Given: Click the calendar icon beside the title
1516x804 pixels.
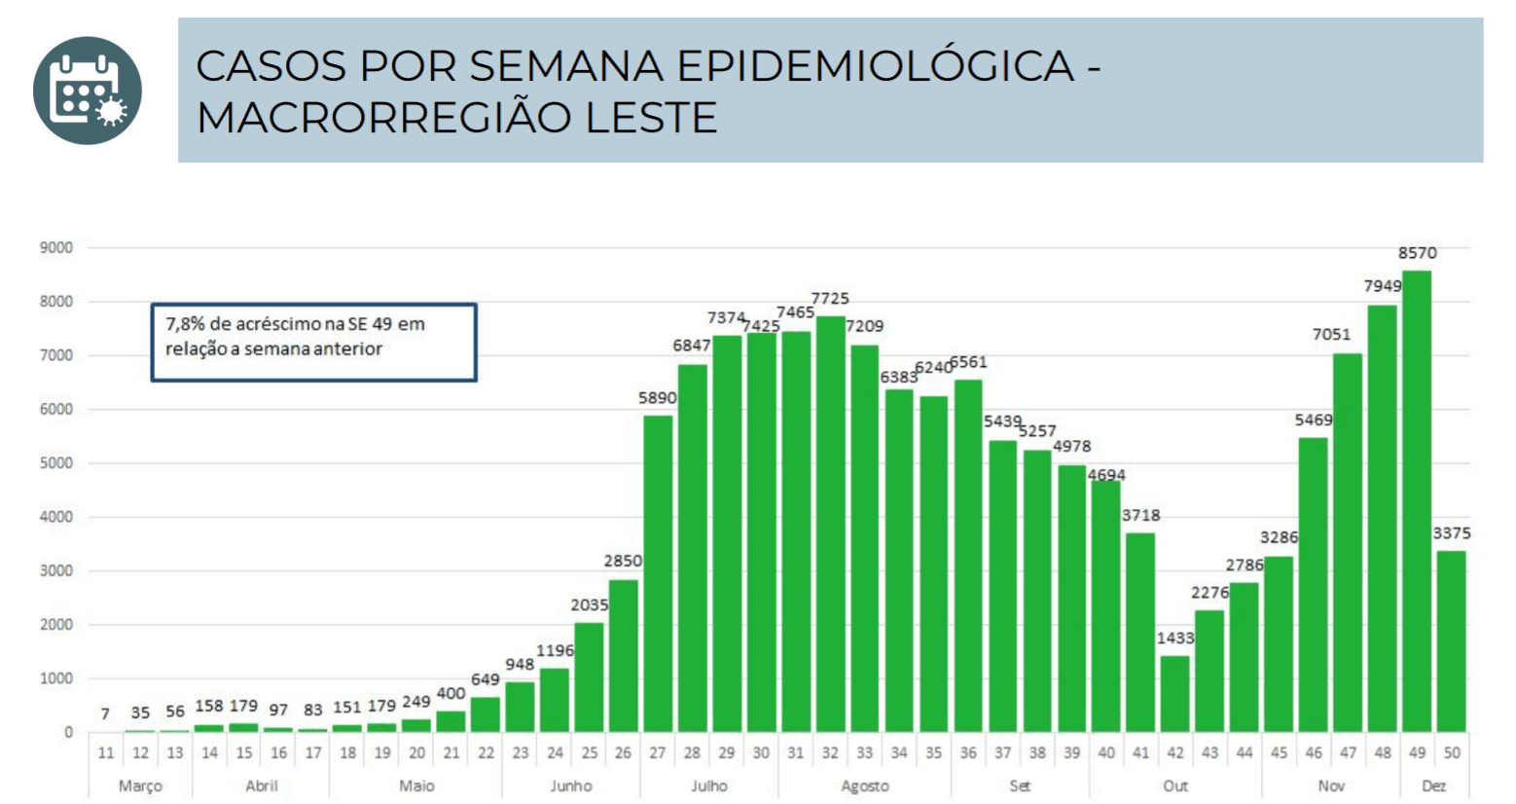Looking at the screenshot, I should (88, 91).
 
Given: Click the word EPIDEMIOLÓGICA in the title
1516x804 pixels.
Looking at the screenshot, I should (874, 66).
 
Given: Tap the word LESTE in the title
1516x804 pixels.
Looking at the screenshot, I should (651, 118).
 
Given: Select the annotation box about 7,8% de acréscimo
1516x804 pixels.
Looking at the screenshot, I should (313, 342).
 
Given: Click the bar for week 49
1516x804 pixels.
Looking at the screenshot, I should (1417, 501).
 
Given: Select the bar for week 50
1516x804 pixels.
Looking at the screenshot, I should (1451, 641).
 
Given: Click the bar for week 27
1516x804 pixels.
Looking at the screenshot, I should (658, 573).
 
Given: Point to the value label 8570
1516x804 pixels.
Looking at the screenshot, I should (1417, 253).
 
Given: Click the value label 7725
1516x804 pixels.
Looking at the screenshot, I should (830, 298).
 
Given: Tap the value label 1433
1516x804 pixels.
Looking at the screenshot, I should (1174, 638).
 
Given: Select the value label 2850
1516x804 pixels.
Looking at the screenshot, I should (623, 561).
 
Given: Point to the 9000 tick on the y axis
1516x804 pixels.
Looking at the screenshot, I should (56, 248).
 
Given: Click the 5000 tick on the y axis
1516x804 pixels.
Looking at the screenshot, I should (56, 463).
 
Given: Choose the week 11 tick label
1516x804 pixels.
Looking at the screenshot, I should (106, 752).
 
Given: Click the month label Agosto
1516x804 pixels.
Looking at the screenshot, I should (864, 786).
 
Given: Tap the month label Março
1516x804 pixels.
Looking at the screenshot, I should (140, 786).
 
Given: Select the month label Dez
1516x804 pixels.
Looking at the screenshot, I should (1433, 786).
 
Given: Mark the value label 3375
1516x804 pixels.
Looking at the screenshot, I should (1451, 533).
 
